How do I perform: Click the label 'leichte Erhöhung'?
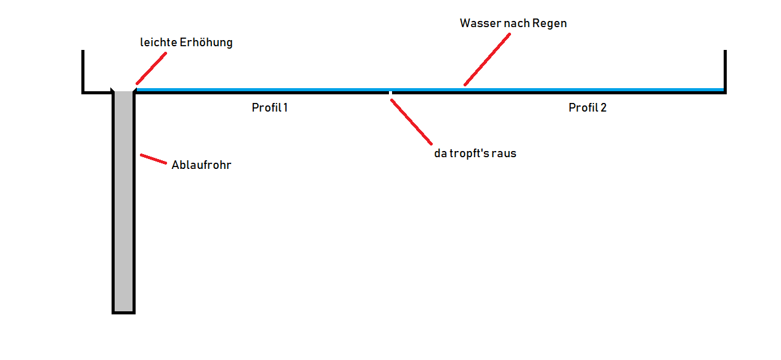click(x=186, y=43)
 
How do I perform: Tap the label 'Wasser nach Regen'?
click(x=513, y=23)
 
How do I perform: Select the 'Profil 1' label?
click(x=269, y=108)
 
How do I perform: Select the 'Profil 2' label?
click(x=587, y=108)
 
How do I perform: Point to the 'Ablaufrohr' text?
click(x=201, y=165)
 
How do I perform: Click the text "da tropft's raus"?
click(x=475, y=153)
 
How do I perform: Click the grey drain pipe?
click(x=123, y=203)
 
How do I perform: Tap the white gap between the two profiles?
click(x=390, y=93)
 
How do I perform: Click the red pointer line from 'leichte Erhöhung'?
click(x=152, y=68)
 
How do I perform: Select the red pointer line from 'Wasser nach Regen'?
click(x=487, y=59)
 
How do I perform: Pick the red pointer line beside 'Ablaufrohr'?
click(x=153, y=159)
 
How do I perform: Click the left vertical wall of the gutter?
click(x=83, y=71)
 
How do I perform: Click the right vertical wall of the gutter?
click(x=725, y=70)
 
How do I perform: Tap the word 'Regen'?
click(x=550, y=23)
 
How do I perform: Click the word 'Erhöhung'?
click(x=206, y=43)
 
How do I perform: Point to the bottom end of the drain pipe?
click(x=123, y=312)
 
